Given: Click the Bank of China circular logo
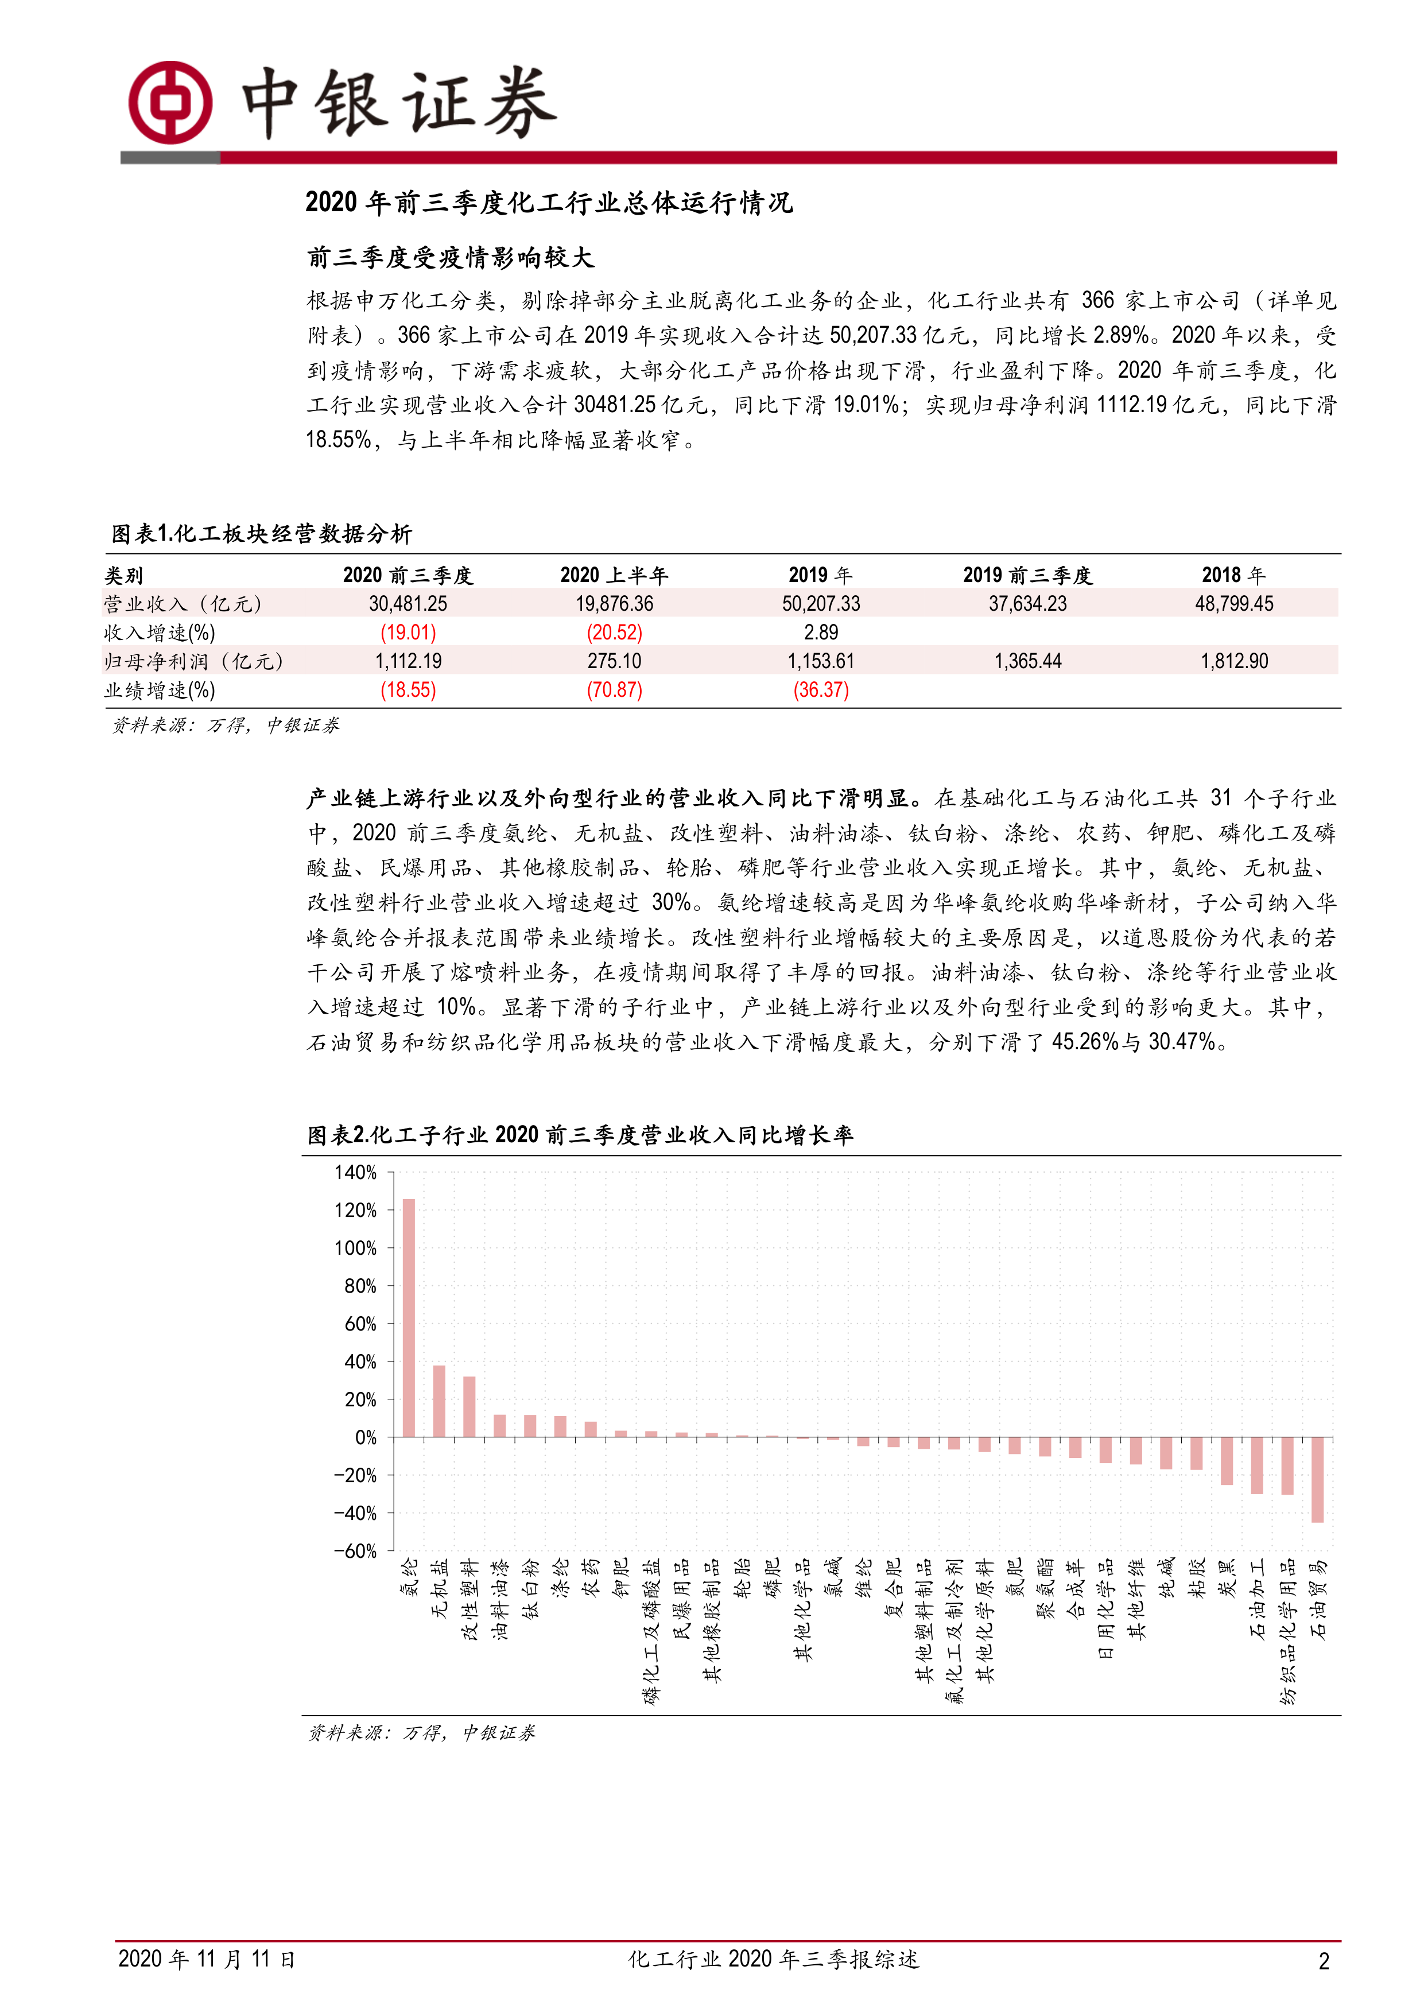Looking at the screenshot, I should click(170, 103).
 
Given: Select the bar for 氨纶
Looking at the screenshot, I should click(409, 1318).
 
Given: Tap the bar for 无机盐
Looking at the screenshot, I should click(439, 1401).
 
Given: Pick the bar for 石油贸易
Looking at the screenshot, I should click(1317, 1480).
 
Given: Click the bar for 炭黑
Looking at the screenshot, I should click(1227, 1461).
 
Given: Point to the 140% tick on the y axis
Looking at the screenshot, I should click(355, 1172).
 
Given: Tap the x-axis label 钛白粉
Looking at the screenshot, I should click(530, 1588).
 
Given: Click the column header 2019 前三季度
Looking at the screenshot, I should click(1027, 575).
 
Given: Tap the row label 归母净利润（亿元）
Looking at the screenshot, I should click(194, 661).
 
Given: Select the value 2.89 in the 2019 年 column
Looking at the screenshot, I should click(821, 632).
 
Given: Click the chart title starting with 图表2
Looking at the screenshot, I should click(580, 1135).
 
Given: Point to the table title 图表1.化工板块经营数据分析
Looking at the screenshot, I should click(261, 533).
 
